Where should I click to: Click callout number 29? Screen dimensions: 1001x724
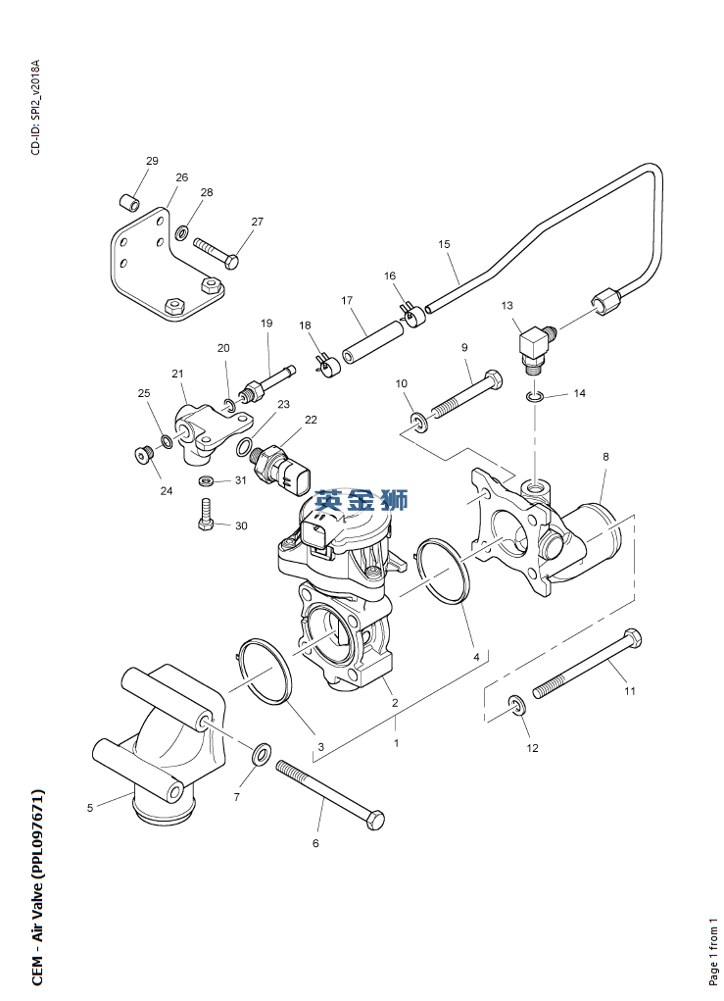pos(152,161)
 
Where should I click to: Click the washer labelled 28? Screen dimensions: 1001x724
pos(182,233)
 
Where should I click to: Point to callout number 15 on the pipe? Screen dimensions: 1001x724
pos(444,244)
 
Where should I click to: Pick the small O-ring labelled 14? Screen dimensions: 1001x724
pos(535,396)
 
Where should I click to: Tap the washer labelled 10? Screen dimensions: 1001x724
pos(420,423)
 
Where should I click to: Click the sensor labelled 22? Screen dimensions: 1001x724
pos(284,466)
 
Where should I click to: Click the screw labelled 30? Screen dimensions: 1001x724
pos(206,515)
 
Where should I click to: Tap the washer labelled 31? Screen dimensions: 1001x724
pos(207,481)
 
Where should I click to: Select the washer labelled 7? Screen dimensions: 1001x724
pos(263,755)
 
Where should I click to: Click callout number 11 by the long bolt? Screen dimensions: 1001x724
pos(630,691)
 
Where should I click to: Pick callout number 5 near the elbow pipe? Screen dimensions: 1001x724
pos(90,808)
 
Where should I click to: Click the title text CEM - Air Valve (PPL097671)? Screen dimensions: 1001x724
pos(37,874)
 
